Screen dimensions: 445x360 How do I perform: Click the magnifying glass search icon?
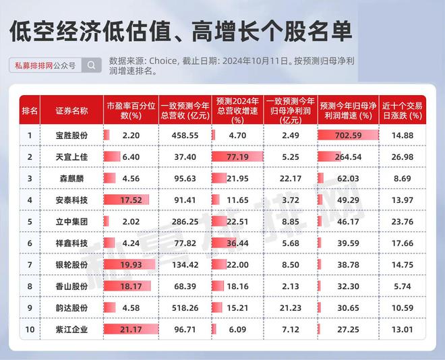[92, 65]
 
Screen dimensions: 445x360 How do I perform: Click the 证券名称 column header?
[71, 111]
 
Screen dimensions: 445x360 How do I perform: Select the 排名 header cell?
[30, 111]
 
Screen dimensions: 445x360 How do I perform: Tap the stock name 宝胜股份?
[71, 136]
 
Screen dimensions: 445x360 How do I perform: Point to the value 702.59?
[348, 136]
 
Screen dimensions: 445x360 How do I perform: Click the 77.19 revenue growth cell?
[237, 157]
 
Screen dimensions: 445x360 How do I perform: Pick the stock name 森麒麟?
[71, 179]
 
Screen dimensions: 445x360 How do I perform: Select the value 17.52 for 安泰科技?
[131, 200]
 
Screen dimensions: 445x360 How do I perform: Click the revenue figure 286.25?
[185, 222]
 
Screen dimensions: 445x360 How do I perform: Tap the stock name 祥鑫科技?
[71, 243]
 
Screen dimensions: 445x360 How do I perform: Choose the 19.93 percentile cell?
[131, 265]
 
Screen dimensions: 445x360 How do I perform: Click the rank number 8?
[30, 287]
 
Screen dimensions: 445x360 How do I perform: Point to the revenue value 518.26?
[185, 308]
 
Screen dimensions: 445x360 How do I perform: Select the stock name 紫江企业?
[71, 330]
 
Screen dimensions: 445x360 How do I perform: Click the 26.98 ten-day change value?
[403, 157]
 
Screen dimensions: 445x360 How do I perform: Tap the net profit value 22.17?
[291, 179]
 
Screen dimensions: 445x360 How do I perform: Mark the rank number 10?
[30, 330]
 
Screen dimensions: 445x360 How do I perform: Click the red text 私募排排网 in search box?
[34, 66]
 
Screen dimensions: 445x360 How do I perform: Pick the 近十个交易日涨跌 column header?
[403, 111]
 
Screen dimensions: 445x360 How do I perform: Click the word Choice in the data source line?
[162, 61]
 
